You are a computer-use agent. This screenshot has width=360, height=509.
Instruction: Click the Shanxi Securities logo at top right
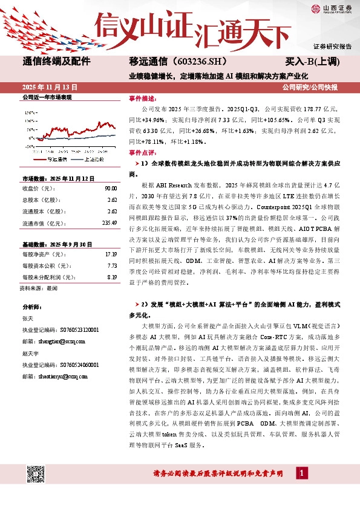[x=332, y=8]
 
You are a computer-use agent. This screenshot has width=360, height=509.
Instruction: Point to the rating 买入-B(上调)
[x=312, y=62]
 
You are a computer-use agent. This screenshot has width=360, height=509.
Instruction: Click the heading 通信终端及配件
[x=56, y=62]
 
